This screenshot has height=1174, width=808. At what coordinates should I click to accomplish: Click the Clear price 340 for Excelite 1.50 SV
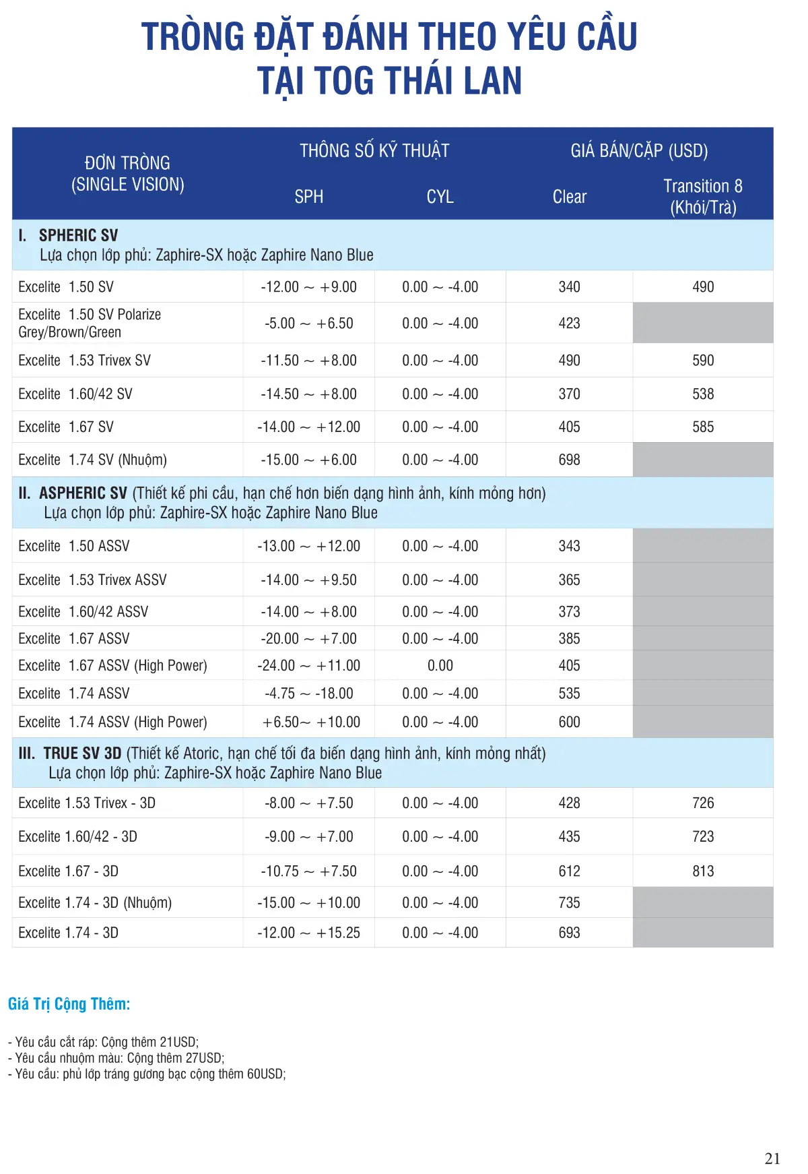pos(569,287)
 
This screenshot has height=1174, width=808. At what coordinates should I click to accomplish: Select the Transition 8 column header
pos(702,196)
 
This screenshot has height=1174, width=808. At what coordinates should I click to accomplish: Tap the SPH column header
pos(308,197)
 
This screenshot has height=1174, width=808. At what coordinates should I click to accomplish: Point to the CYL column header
pos(440,197)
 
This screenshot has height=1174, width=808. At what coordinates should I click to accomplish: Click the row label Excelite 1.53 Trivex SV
pos(85,361)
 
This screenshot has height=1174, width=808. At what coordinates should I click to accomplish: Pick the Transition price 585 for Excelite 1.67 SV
pos(702,427)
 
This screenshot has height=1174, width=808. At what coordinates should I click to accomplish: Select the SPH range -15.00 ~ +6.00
pos(308,460)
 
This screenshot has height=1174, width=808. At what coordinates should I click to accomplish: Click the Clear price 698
pos(569,460)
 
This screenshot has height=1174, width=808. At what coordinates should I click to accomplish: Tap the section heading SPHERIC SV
pos(78,236)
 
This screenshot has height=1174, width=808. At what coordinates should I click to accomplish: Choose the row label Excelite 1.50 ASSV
pos(74,546)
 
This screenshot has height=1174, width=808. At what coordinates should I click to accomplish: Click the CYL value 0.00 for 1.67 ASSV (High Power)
pos(440,666)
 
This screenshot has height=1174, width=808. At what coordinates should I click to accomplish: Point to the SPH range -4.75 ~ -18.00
pos(308,693)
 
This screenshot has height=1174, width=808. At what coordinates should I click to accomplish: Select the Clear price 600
pos(569,722)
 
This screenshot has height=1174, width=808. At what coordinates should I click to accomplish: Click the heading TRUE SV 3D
pos(82,753)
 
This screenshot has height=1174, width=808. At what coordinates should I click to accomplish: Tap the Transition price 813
pos(702,871)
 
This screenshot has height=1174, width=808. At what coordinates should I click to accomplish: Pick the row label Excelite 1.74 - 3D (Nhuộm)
pos(95,903)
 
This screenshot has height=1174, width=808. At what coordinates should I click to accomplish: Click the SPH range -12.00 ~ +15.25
pos(308,933)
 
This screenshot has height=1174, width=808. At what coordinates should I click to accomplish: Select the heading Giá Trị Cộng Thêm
pos(69,1004)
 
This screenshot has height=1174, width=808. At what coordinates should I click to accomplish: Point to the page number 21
pos(772,1158)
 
